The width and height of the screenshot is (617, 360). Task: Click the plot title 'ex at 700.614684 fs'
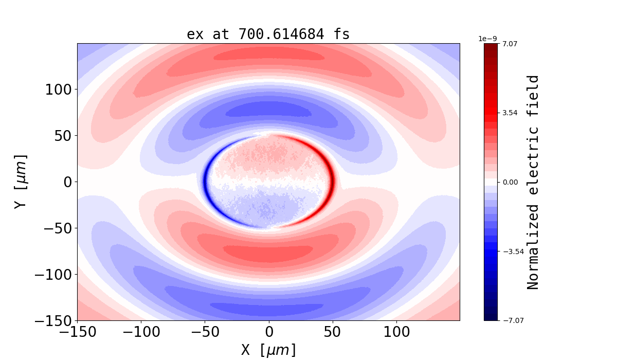point(268,34)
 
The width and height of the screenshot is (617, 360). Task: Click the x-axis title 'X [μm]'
point(268,350)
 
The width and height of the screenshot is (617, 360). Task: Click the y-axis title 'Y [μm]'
point(20,182)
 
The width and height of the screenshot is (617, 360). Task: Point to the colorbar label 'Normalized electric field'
point(533,182)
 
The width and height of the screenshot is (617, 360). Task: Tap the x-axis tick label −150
point(78,332)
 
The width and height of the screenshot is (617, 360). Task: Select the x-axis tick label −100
point(141,332)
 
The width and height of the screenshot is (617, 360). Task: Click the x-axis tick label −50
point(205,332)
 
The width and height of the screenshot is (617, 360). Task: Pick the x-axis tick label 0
point(269,332)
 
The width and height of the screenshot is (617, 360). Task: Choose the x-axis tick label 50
point(333,332)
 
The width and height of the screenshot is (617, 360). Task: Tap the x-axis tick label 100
point(396,332)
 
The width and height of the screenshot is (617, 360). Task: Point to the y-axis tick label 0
point(68,182)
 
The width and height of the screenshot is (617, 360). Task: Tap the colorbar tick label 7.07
point(510,44)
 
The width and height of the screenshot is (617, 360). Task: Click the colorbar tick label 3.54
point(510,113)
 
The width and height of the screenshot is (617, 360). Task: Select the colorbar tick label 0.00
point(510,182)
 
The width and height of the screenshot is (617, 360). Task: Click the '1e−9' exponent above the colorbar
point(487,39)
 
